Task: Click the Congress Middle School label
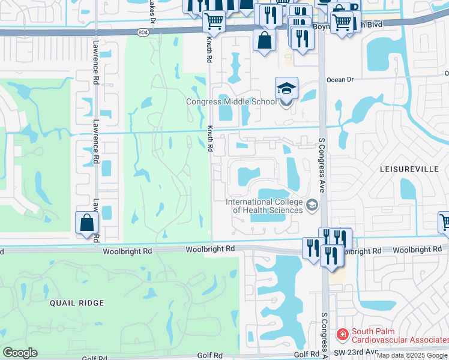point(231,101)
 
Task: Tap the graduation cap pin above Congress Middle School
point(286,89)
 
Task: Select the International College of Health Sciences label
point(264,206)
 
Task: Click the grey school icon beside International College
point(312,206)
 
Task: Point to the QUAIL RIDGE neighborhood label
point(79,303)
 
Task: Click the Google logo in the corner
point(20,353)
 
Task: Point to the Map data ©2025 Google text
point(412,356)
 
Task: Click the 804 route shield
point(142,32)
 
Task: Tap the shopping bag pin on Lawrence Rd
point(87,223)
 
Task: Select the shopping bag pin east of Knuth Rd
point(264,41)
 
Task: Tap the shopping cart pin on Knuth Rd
point(214,22)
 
